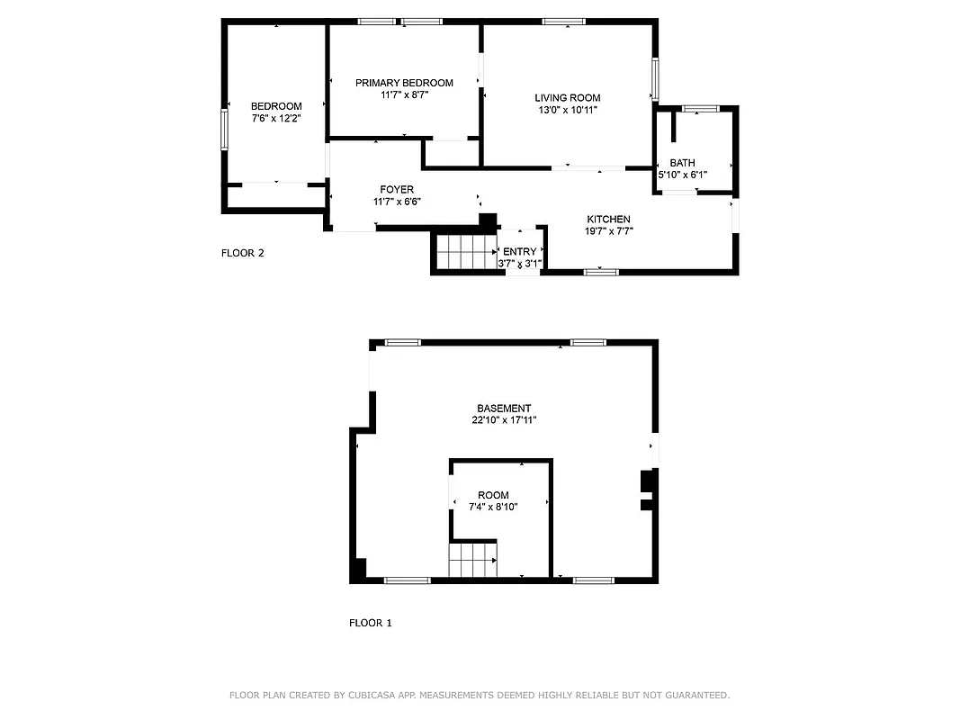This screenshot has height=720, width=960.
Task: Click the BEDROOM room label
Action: [276, 106]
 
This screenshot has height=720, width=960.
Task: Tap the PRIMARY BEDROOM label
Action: [404, 83]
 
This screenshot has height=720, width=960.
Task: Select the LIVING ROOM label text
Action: [567, 98]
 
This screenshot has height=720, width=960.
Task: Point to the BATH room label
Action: [682, 163]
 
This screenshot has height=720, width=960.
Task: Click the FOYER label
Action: [397, 190]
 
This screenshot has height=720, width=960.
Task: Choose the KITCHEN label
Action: [608, 220]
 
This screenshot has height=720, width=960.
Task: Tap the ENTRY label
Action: [519, 252]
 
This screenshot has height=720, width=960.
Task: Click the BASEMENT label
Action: [504, 409]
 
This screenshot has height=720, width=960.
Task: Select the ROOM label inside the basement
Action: [493, 496]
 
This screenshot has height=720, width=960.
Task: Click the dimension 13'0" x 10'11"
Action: [567, 110]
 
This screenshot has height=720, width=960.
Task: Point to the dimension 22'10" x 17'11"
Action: [504, 420]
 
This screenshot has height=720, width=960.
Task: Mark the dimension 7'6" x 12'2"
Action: [276, 118]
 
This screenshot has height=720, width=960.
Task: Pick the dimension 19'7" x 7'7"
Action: [608, 231]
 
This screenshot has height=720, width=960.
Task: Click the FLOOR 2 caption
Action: [243, 253]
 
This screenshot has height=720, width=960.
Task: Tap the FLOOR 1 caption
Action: [371, 623]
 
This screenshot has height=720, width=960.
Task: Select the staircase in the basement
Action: [472, 560]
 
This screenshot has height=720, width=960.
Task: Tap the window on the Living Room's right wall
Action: [655, 79]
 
